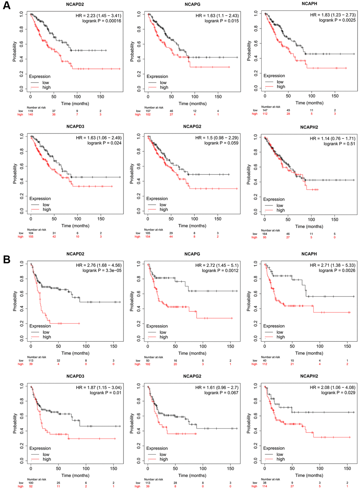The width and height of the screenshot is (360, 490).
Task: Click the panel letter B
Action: (6, 259)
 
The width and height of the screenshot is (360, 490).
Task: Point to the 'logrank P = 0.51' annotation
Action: (339, 144)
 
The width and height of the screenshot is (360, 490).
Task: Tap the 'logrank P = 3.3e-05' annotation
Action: (102, 270)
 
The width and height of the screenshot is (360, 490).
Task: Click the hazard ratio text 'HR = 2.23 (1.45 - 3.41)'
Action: (98, 16)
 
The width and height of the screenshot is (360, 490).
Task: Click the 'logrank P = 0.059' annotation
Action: (221, 143)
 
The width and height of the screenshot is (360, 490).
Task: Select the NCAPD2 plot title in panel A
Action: (75, 5)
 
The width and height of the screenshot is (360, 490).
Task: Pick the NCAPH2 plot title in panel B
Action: (309, 376)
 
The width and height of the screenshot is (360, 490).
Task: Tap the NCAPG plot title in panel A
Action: (192, 5)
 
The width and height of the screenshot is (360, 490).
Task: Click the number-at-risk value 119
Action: (30, 111)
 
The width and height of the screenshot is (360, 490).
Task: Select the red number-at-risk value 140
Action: (30, 114)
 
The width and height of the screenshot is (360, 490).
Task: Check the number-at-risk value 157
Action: (148, 111)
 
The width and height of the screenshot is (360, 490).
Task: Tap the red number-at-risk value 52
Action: (31, 486)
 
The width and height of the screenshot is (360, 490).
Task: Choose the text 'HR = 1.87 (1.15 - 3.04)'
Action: (98, 387)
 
